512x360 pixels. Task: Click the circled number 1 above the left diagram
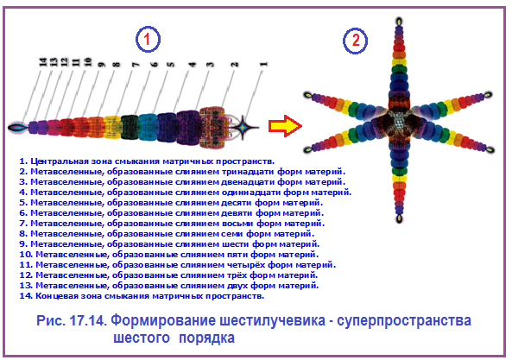148,39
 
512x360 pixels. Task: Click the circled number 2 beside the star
355,41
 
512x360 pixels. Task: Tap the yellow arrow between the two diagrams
285,126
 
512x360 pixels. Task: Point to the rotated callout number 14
43,62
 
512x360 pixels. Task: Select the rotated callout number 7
136,64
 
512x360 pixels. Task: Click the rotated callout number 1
264,64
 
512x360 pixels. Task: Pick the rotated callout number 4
193,64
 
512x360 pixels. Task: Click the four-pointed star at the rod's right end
243,127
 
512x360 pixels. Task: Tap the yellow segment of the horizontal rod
112,127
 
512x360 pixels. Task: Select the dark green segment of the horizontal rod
130,127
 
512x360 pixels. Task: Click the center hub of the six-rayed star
398,122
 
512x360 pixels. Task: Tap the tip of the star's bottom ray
399,218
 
